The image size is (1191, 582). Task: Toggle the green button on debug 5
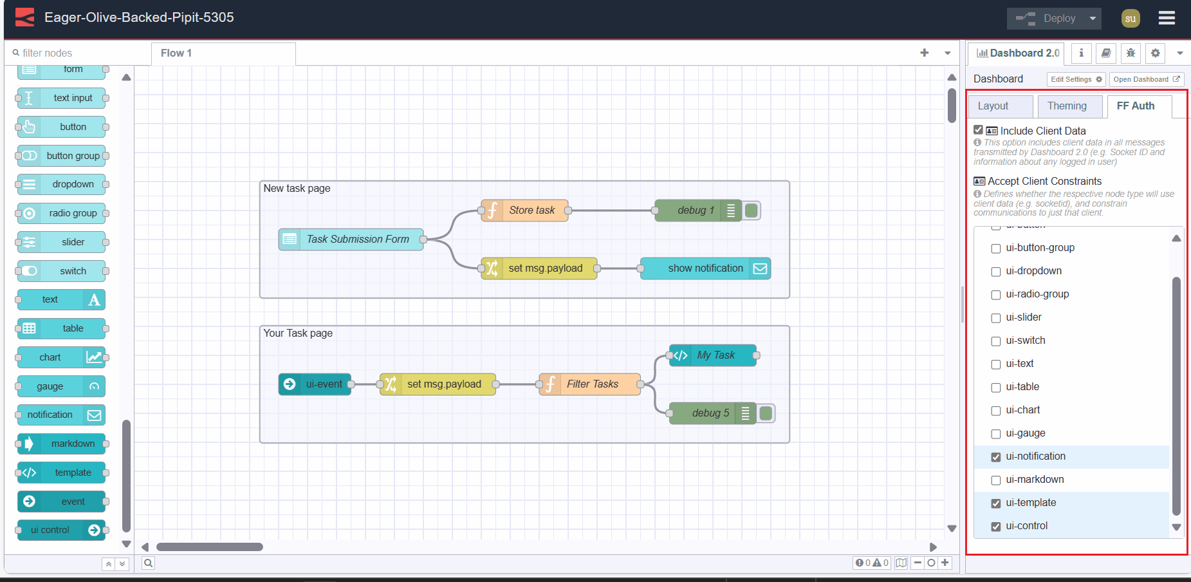point(766,413)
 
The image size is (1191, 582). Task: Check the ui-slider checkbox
point(995,318)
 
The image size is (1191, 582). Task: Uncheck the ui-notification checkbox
point(995,457)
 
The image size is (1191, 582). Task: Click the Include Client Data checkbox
point(978,130)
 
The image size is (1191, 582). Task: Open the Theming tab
point(1066,106)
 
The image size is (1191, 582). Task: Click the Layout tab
point(993,106)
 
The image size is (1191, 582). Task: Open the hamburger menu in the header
point(1167,18)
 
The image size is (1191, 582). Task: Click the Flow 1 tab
point(176,53)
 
